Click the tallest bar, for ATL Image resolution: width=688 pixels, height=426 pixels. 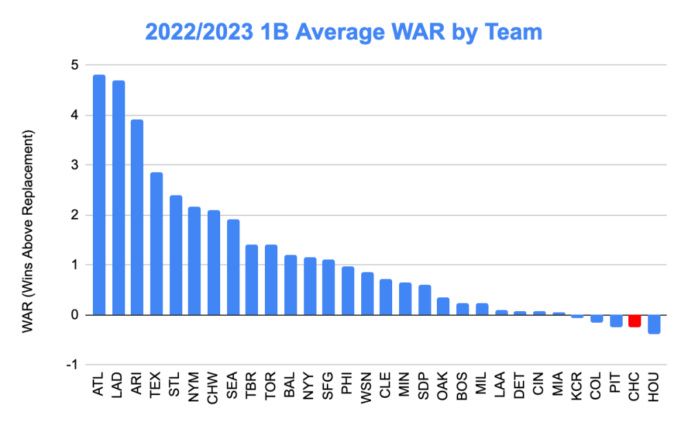tap(99, 195)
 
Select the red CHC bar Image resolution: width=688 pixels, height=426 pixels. tap(634, 321)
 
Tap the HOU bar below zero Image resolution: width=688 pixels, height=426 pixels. tap(654, 324)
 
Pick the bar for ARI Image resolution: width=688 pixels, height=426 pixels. tap(137, 217)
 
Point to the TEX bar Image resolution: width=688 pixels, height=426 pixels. tap(156, 244)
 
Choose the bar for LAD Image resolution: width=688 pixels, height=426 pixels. tap(118, 198)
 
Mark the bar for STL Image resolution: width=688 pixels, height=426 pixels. tap(175, 255)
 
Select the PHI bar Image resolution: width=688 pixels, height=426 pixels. tap(347, 290)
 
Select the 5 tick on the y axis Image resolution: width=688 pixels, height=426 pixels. tap(73, 65)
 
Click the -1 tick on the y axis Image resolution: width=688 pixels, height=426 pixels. tap(72, 365)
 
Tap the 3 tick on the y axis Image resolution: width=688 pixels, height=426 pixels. tap(73, 165)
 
